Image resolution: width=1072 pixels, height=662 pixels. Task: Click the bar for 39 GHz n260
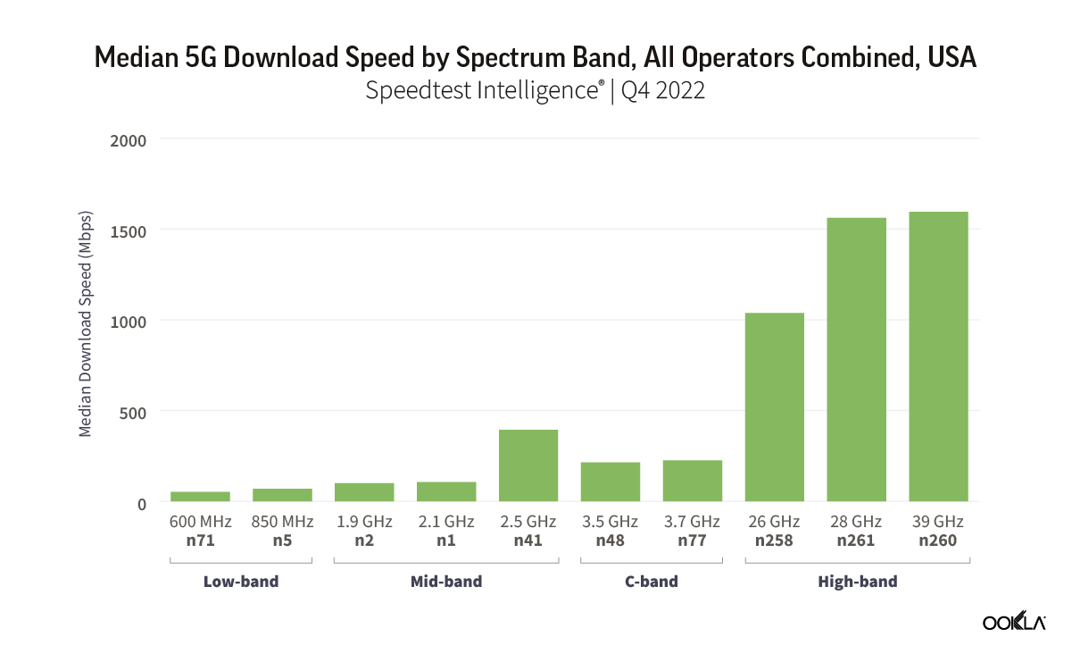pyautogui.click(x=938, y=356)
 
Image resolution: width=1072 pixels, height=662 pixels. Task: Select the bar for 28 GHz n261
pyautogui.click(x=856, y=359)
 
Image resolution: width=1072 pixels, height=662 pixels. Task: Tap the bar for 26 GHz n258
pyautogui.click(x=774, y=406)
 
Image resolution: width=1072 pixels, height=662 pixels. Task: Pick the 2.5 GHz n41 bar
pyautogui.click(x=528, y=465)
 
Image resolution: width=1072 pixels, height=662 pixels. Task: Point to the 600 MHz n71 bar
pyautogui.click(x=200, y=497)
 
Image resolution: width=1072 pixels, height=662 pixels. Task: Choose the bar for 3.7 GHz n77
pyautogui.click(x=692, y=481)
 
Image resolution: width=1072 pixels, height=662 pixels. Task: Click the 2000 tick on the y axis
pyautogui.click(x=128, y=139)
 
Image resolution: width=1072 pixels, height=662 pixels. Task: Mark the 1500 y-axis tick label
pyautogui.click(x=128, y=230)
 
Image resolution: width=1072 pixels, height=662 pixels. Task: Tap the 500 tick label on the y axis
pyautogui.click(x=131, y=412)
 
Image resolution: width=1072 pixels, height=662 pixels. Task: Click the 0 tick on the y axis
pyautogui.click(x=141, y=503)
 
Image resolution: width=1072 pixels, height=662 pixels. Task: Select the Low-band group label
pyautogui.click(x=241, y=582)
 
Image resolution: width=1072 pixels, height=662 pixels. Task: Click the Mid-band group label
pyautogui.click(x=446, y=582)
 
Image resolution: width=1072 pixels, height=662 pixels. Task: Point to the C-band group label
pyautogui.click(x=651, y=582)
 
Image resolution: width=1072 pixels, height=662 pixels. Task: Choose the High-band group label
pyautogui.click(x=857, y=582)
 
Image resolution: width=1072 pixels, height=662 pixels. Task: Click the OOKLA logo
pyautogui.click(x=1014, y=624)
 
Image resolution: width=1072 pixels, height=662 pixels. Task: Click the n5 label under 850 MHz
pyautogui.click(x=282, y=540)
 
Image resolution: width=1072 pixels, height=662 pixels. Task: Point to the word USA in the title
pyautogui.click(x=952, y=58)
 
